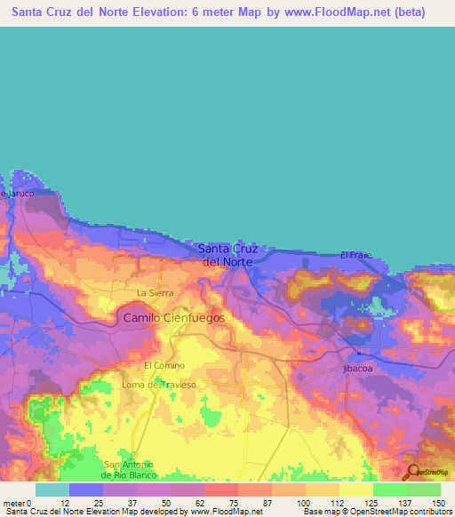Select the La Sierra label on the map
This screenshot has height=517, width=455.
[x=154, y=292]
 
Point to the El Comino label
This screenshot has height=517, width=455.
[x=164, y=365]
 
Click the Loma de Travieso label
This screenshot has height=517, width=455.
[x=158, y=384]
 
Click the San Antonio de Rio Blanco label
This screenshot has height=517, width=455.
[x=130, y=469]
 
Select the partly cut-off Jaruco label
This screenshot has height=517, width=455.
[x=18, y=193]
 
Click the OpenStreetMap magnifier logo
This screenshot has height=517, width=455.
[x=413, y=472]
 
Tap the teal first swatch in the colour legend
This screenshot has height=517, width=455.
[x=52, y=489]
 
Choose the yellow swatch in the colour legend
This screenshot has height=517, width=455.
[x=355, y=489]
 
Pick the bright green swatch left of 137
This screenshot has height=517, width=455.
[x=389, y=489]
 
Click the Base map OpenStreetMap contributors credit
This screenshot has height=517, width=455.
[x=374, y=512]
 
